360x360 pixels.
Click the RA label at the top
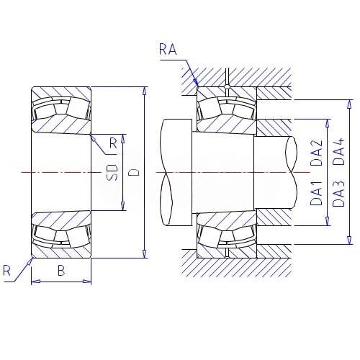[x=168, y=49]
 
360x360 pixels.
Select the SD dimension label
[x=112, y=172]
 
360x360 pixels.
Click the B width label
[x=61, y=271]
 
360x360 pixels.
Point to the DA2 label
[x=316, y=153]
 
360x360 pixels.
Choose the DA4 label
[x=338, y=151]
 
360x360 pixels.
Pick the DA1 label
[x=316, y=193]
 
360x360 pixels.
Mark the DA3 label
[x=338, y=194]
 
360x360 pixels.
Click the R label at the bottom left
[x=6, y=271]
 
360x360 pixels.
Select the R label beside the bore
[x=113, y=143]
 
